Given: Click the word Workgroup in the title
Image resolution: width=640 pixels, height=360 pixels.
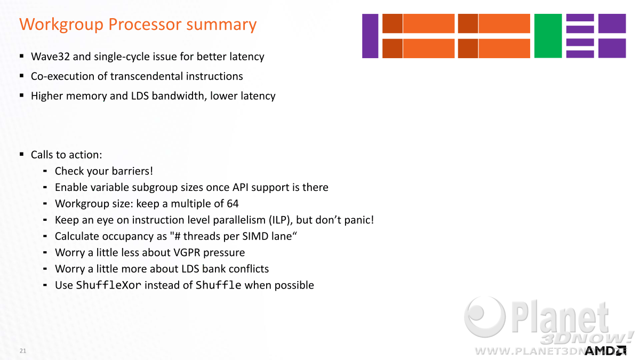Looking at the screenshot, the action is (x=61, y=25).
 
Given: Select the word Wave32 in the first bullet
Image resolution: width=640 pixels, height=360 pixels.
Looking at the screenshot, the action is (x=50, y=57).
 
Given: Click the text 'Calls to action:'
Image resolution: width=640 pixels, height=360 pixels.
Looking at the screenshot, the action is (x=66, y=155).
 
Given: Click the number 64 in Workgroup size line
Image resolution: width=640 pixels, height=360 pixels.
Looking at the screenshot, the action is (x=233, y=203).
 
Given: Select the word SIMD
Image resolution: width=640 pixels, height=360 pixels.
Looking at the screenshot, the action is (x=255, y=236).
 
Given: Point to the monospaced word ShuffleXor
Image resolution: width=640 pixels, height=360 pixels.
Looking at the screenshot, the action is (x=109, y=285).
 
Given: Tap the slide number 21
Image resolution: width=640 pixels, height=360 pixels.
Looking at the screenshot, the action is (x=23, y=351).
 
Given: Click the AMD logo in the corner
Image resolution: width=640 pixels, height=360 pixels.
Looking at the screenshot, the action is (x=605, y=351).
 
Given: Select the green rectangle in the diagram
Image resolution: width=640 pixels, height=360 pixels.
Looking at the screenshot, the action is (x=548, y=36).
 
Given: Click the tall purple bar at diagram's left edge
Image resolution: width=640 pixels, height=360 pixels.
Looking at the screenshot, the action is (x=370, y=36).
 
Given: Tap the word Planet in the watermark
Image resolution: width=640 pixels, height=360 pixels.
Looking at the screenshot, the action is (x=560, y=317).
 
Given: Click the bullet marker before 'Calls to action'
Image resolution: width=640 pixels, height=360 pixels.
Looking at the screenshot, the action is (x=22, y=154).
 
